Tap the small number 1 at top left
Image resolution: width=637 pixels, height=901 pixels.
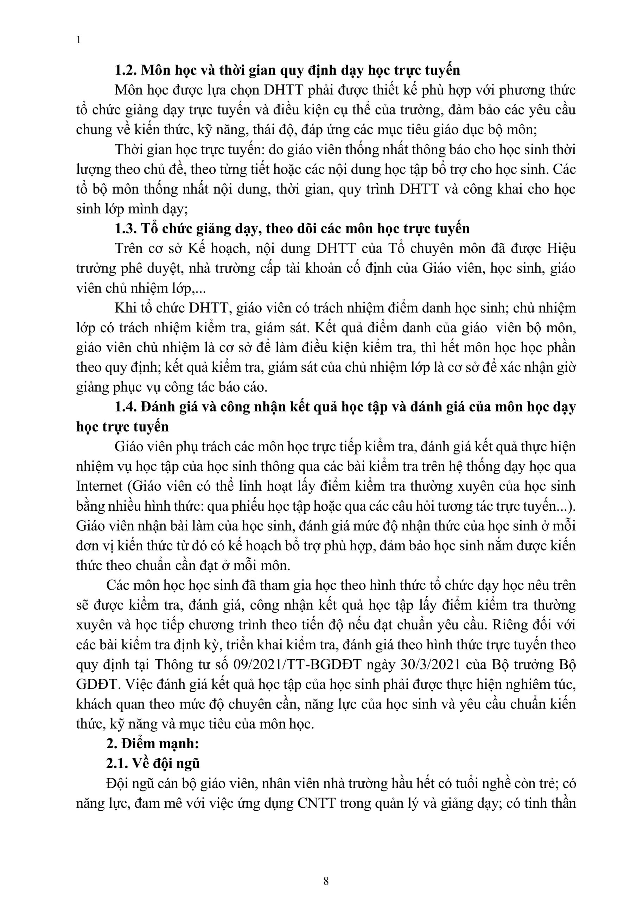pyautogui.click(x=78, y=40)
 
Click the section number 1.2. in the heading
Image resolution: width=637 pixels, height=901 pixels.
pyautogui.click(x=125, y=70)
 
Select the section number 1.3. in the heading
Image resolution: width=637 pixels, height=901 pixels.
pyautogui.click(x=125, y=228)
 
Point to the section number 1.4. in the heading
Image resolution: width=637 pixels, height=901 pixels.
pyautogui.click(x=125, y=407)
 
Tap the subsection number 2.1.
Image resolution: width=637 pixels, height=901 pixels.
pyautogui.click(x=116, y=763)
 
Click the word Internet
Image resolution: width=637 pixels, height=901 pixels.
pyautogui.click(x=100, y=486)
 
